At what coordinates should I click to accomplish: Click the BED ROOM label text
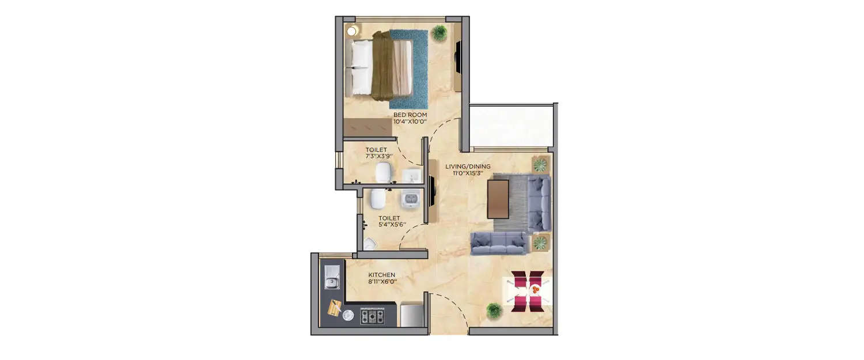click(410, 115)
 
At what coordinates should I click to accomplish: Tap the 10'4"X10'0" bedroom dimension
click(410, 122)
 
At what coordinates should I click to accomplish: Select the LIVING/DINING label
click(468, 166)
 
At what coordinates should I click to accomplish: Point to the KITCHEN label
click(382, 275)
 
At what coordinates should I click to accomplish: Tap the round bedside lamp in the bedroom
click(351, 31)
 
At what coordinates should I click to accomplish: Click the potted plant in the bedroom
click(439, 32)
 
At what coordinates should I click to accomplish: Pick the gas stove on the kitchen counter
click(372, 316)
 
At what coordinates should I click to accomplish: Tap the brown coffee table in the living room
click(498, 199)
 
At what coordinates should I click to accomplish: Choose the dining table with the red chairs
click(528, 290)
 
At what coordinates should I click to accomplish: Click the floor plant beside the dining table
click(494, 311)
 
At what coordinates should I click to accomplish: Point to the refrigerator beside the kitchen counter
click(411, 314)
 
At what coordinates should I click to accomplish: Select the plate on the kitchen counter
click(348, 316)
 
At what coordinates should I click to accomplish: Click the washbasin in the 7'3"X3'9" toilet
click(413, 175)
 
